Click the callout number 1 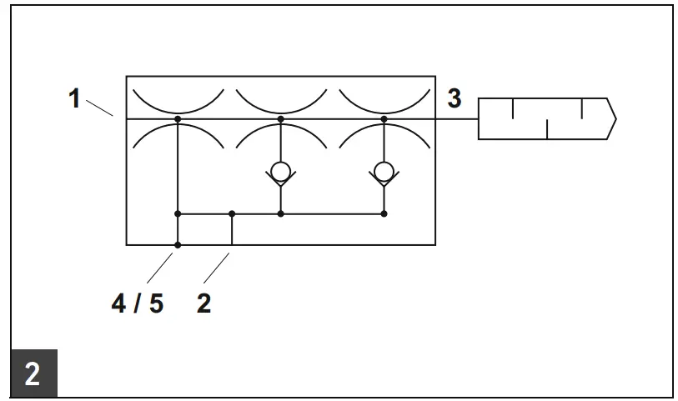tap(74, 99)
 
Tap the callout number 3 tap(454, 98)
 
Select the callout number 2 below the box tap(204, 303)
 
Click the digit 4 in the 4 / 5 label tap(120, 303)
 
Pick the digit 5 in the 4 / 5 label tap(155, 303)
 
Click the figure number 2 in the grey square tap(32, 373)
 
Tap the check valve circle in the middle tap(280, 172)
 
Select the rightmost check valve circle tap(384, 172)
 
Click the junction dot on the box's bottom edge tap(178, 245)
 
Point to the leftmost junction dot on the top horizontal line tap(178, 119)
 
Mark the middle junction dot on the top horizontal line tap(280, 119)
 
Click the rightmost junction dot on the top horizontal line tap(384, 119)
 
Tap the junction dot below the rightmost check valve tap(384, 213)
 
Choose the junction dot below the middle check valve tap(280, 213)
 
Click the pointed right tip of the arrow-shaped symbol tap(615, 118)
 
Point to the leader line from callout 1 tap(99, 108)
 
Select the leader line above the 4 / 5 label tap(160, 266)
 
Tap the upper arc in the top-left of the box tap(178, 105)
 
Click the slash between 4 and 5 tap(138, 303)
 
